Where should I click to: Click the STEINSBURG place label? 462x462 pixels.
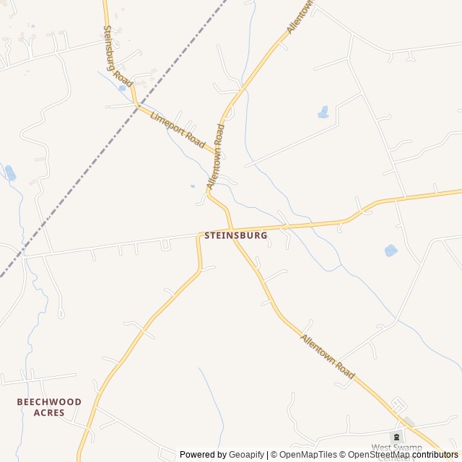(x=236, y=235)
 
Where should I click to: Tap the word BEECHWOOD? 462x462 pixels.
(x=50, y=401)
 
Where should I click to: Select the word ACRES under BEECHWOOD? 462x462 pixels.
(x=49, y=413)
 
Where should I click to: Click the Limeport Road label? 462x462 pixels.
(x=178, y=130)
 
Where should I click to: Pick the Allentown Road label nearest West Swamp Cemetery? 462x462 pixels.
(x=328, y=357)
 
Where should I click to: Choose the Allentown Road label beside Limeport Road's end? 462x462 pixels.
(x=216, y=157)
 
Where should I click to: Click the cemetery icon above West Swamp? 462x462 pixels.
(x=396, y=437)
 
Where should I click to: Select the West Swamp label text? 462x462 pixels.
(x=397, y=448)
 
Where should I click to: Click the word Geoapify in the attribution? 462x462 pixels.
(x=247, y=455)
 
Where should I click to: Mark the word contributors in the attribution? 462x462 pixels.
(x=435, y=455)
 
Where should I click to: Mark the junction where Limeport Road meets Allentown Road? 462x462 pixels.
(x=219, y=153)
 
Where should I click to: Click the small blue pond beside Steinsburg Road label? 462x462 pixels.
(x=122, y=88)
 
